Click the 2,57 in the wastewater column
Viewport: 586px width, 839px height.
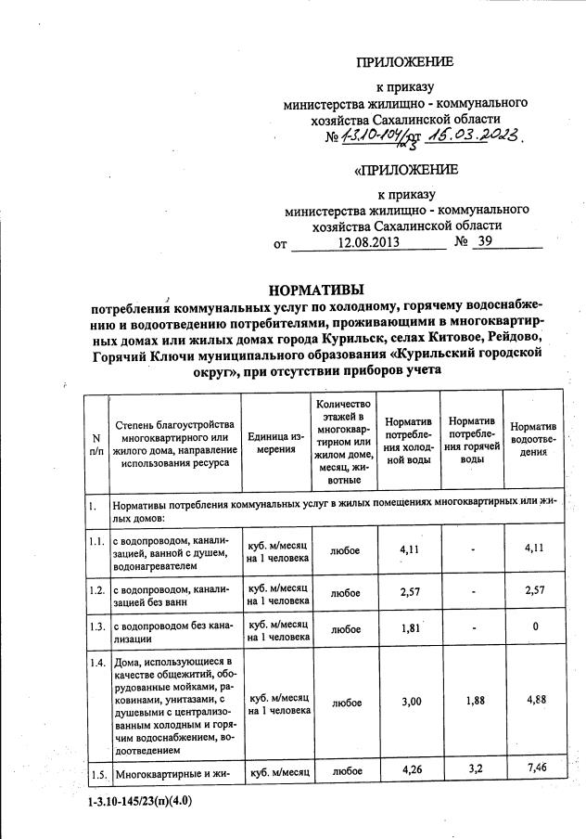click(x=532, y=590)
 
